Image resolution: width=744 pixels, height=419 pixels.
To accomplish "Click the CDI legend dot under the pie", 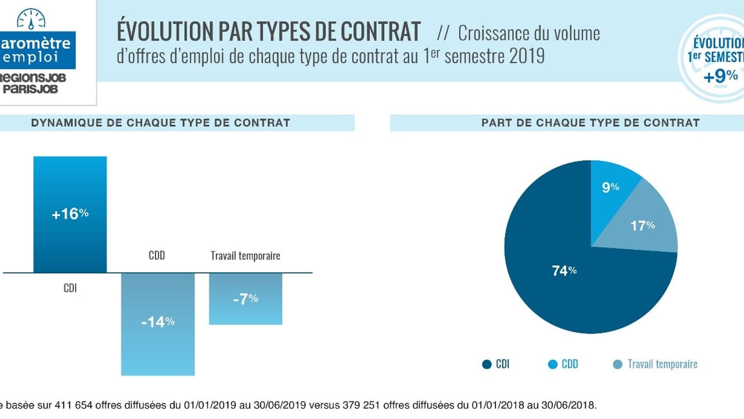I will (x=487, y=364).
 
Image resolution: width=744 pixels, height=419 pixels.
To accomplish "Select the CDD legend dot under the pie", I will (x=552, y=364).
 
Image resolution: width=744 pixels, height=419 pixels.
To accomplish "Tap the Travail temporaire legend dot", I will (x=618, y=364).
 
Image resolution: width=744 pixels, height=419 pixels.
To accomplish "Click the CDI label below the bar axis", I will (x=70, y=288).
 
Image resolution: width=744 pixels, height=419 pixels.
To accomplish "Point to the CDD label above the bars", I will (x=157, y=256).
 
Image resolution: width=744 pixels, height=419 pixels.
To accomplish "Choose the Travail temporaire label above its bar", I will (x=245, y=256).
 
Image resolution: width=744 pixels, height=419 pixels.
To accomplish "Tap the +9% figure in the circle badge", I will (x=720, y=76).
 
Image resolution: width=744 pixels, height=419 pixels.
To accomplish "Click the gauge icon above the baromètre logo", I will (x=31, y=19).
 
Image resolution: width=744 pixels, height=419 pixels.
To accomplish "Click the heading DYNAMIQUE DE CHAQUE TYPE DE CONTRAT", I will (x=161, y=122).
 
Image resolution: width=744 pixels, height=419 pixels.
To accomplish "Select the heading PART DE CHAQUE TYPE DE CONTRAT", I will (x=590, y=122).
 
